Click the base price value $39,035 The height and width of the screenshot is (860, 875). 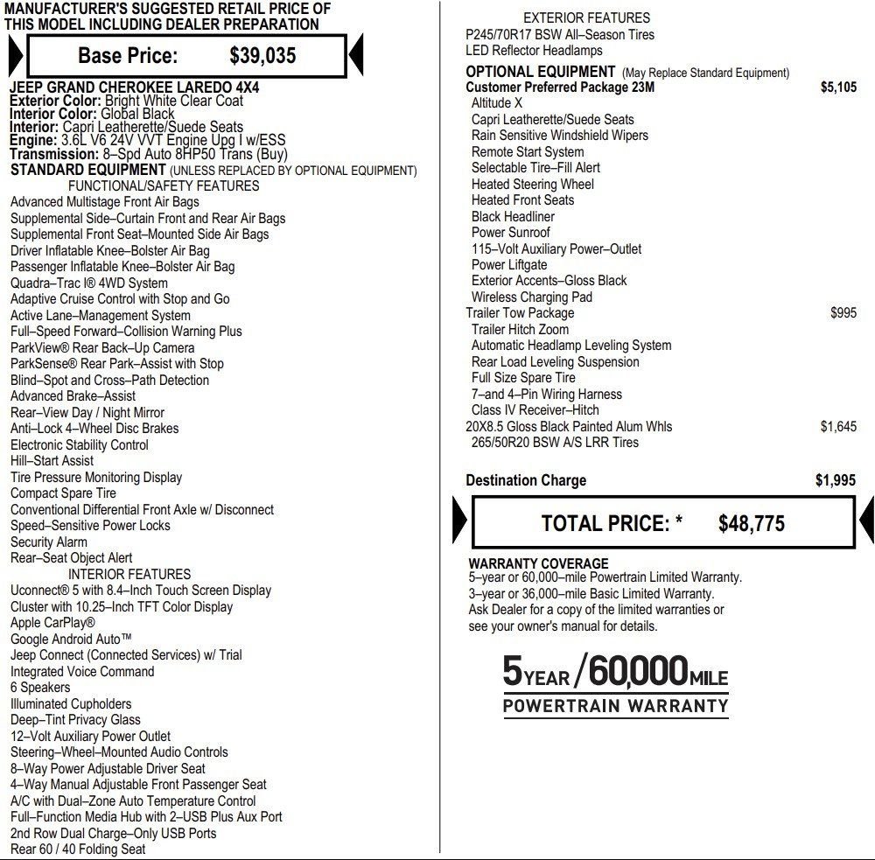point(262,56)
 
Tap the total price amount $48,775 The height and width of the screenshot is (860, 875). point(751,523)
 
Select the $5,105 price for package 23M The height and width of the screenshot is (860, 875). point(838,87)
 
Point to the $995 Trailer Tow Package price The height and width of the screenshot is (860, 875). point(843,312)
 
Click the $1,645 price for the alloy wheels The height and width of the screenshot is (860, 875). point(838,426)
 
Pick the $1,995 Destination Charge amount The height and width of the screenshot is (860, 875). point(836,480)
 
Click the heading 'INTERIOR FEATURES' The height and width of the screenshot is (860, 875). point(129,574)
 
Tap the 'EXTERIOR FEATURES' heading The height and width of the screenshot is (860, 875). point(586,17)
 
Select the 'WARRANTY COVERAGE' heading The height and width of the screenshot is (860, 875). point(538,563)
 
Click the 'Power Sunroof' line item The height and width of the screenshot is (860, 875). point(510,233)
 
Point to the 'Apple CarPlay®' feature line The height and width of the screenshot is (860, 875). point(52,623)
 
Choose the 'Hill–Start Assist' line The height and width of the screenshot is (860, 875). point(52,461)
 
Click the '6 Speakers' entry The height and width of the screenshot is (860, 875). point(40,688)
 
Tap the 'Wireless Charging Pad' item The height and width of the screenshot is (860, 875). point(531,297)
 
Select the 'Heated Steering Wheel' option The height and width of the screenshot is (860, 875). point(532,185)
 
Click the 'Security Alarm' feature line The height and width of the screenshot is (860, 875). point(49,542)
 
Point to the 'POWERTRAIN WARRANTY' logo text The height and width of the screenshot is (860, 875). point(615,706)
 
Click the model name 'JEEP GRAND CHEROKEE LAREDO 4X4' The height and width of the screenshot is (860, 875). point(134,87)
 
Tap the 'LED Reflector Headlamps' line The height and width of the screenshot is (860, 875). point(534,51)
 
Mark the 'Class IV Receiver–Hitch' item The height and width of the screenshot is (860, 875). point(535,410)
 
